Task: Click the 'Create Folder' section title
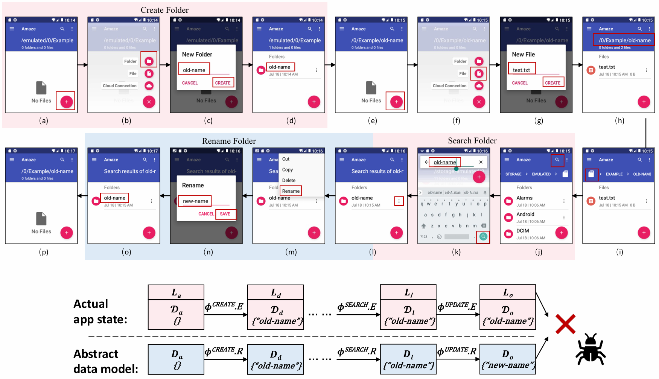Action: [x=164, y=10]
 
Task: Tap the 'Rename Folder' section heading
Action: [x=229, y=141]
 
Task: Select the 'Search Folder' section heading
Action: [x=472, y=141]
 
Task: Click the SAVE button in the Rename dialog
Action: [x=225, y=214]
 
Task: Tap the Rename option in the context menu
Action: [x=291, y=191]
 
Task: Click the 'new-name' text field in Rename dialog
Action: [x=195, y=201]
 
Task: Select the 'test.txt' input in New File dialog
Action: [x=521, y=70]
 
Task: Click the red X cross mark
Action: [x=565, y=324]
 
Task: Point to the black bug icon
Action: [x=590, y=349]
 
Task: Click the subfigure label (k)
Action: [x=456, y=252]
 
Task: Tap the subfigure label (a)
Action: [x=44, y=121]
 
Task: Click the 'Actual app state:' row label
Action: [x=100, y=312]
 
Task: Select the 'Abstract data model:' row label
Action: [x=105, y=361]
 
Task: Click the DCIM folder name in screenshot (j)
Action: [x=522, y=231]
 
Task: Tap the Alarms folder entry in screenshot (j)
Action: [x=524, y=198]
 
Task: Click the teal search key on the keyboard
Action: [x=483, y=237]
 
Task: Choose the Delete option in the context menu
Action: [x=289, y=181]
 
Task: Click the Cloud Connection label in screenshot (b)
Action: [x=120, y=86]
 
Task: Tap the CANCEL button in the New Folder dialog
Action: [x=190, y=83]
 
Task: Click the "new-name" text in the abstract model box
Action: [x=508, y=365]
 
